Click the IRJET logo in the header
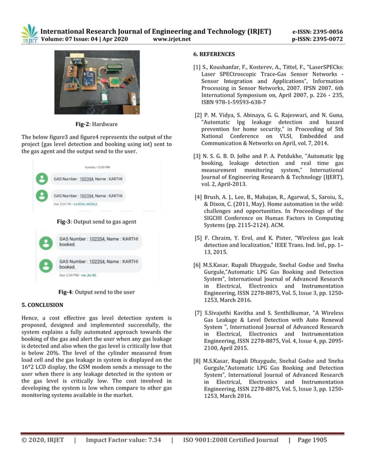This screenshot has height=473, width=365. [29, 34]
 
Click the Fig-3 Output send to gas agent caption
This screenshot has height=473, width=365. [96, 221]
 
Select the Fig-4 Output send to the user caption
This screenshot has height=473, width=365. [96, 292]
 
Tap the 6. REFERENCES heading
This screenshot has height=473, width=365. [214, 54]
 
